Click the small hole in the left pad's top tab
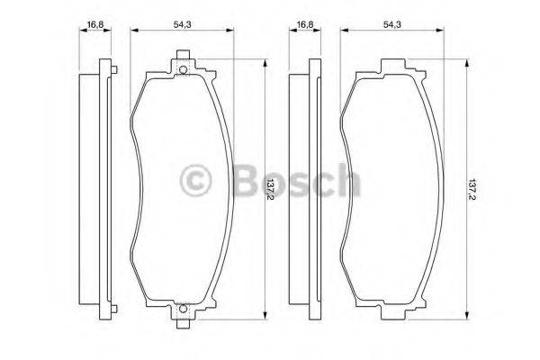tap(183, 71)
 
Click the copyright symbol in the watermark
tap(195, 181)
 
